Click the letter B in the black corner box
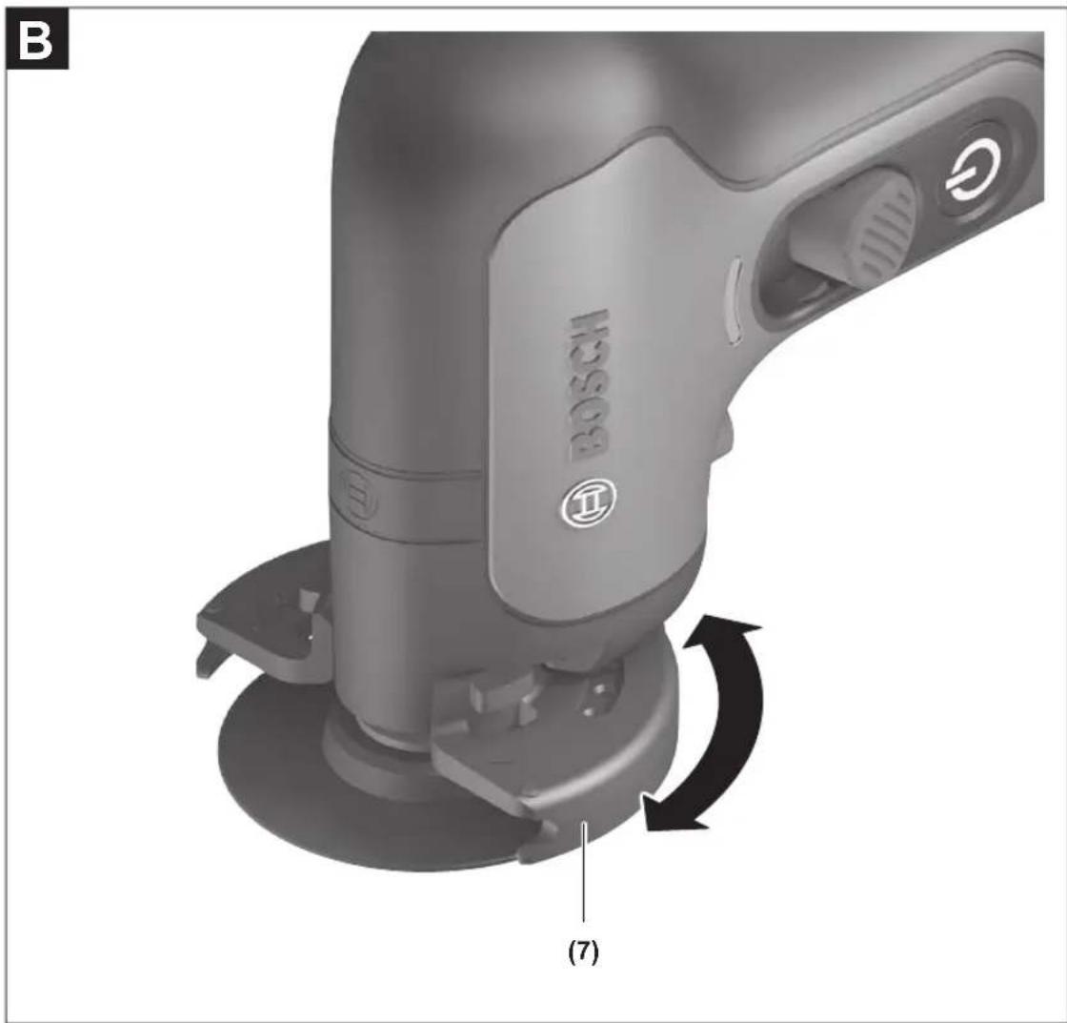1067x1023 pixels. pyautogui.click(x=36, y=42)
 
